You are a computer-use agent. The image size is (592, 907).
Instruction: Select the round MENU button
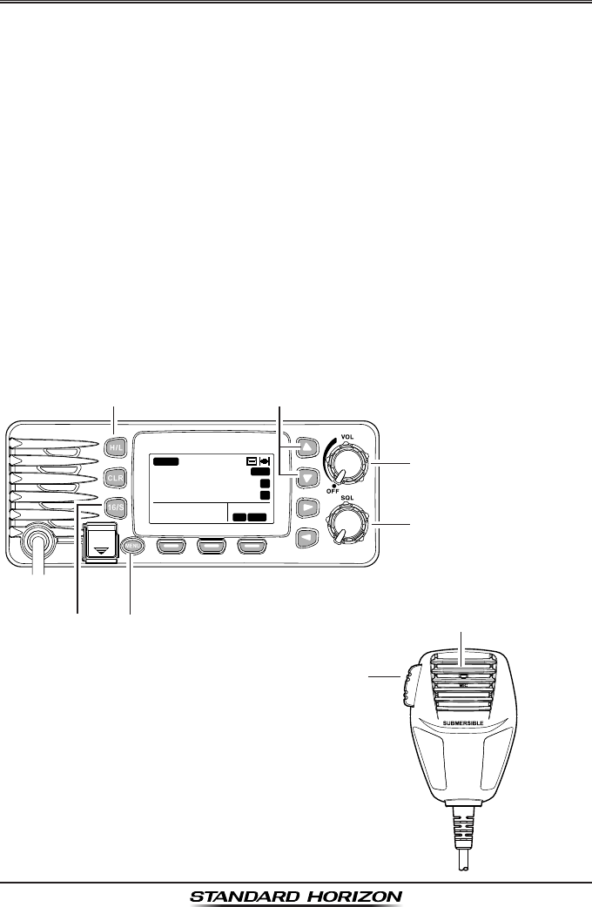tap(131, 547)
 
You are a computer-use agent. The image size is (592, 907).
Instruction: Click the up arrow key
tap(306, 447)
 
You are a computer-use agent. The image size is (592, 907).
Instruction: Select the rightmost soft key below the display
tap(257, 547)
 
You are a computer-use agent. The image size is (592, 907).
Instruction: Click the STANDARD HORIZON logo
tap(296, 895)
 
